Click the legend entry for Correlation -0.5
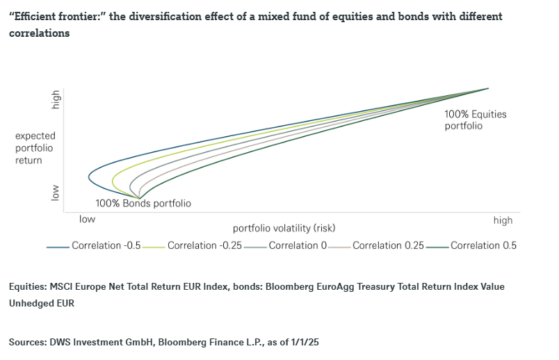(x=97, y=245)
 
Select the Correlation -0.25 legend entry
(x=195, y=245)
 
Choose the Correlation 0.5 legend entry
(x=483, y=245)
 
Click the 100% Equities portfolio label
(x=476, y=120)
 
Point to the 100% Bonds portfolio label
(x=143, y=204)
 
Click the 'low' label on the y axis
(x=56, y=193)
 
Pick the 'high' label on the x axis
(x=503, y=220)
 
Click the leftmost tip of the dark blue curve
(x=89, y=177)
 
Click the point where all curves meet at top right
(x=489, y=88)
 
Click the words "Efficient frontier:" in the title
(x=51, y=16)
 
